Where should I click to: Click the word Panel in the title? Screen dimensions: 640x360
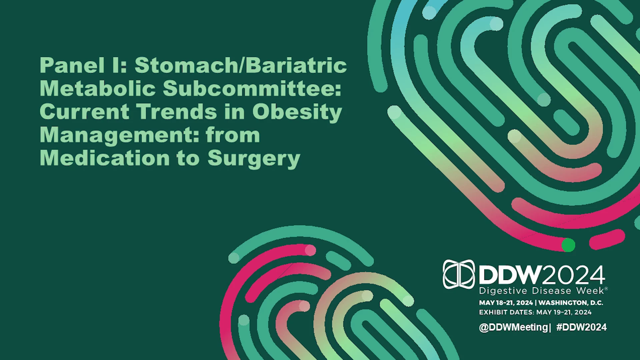click(x=72, y=65)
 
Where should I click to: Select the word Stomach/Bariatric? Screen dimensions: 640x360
click(x=241, y=65)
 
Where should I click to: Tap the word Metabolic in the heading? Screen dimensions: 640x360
click(x=98, y=88)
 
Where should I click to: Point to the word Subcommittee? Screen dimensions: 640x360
click(x=252, y=88)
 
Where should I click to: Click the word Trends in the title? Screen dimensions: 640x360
click(x=177, y=111)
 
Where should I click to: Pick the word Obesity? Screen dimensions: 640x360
click(x=297, y=112)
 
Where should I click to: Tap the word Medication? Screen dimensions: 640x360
click(x=105, y=158)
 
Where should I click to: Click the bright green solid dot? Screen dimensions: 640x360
click(x=568, y=245)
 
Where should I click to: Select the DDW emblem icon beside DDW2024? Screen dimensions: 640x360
click(x=459, y=274)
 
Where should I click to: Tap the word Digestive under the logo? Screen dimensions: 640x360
click(x=503, y=291)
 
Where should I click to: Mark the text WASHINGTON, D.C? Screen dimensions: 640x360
click(x=571, y=303)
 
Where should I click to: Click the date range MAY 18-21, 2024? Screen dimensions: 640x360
click(x=506, y=303)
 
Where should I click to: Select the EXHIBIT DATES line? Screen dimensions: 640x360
click(x=535, y=312)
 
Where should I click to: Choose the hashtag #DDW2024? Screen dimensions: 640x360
click(x=582, y=327)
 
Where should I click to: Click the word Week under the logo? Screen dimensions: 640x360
click(x=590, y=291)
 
